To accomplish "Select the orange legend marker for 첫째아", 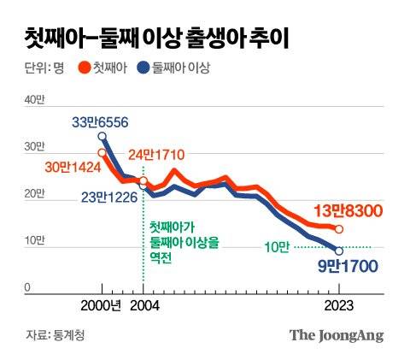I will point(84,67).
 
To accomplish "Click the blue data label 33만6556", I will point(99,122).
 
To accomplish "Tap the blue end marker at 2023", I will point(339,251).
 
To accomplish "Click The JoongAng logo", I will point(337,335).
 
